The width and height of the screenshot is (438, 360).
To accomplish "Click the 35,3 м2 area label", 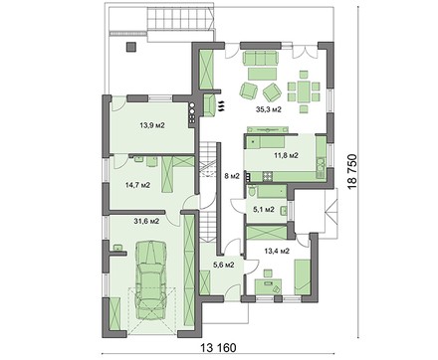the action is (x=269, y=109).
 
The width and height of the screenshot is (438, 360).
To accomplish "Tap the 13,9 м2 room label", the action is (x=152, y=125).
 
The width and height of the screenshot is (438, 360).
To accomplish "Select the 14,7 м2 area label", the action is (x=137, y=185).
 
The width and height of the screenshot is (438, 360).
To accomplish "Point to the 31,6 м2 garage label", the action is (x=147, y=221).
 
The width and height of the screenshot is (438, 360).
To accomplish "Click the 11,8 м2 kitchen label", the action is (x=286, y=155).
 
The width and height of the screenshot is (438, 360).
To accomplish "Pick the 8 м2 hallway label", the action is (x=232, y=176).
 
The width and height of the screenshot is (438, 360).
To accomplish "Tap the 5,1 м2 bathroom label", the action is (x=264, y=209).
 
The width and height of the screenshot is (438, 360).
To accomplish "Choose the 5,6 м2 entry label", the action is (x=224, y=265).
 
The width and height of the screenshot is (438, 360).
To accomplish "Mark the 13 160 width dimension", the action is (x=218, y=348).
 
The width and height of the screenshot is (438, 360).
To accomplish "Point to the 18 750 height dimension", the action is (x=353, y=171).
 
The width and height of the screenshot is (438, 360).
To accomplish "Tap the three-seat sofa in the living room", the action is (x=261, y=58).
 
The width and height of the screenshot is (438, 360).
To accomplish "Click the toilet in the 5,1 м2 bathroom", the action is (x=252, y=191).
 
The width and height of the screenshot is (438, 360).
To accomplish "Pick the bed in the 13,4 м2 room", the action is (x=302, y=275).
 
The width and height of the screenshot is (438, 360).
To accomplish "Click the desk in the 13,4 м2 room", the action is (x=268, y=285).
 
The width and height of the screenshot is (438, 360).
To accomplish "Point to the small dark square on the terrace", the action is (x=130, y=47).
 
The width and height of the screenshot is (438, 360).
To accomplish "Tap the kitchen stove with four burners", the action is (x=268, y=176).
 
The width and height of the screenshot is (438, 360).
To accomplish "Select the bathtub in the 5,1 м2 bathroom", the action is (x=272, y=192).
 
